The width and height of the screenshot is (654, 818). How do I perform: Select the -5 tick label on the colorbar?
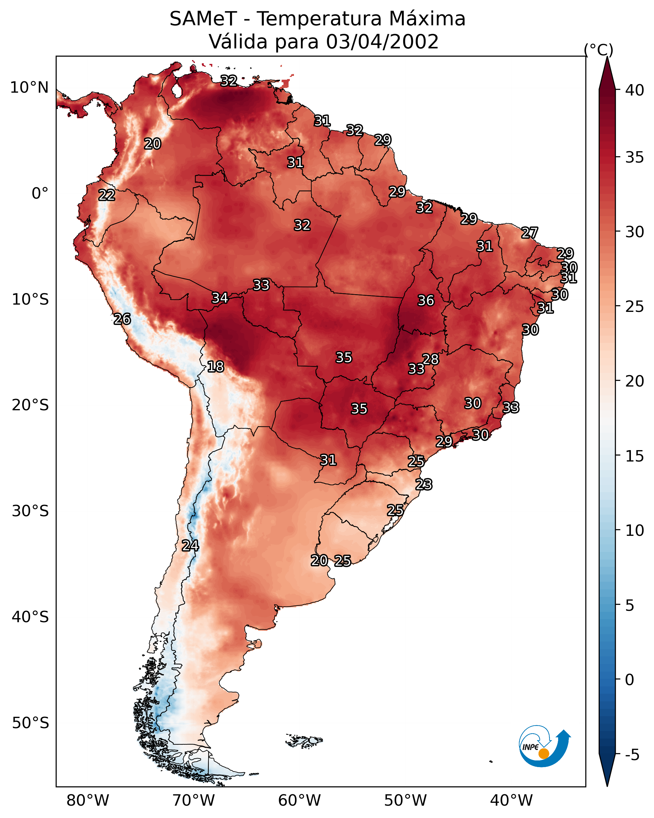click(x=632, y=755)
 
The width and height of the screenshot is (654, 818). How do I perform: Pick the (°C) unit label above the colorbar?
click(x=598, y=50)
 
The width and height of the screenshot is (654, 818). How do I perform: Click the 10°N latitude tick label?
click(x=29, y=88)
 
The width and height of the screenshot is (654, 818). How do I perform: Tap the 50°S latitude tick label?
click(x=30, y=723)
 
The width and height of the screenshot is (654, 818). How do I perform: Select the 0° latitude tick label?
click(x=40, y=194)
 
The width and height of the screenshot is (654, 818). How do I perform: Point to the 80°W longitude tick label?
click(x=88, y=801)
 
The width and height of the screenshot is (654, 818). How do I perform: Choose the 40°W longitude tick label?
click(x=511, y=801)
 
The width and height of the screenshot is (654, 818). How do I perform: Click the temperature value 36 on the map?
click(x=426, y=301)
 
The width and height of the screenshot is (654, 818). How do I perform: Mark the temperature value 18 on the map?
click(x=215, y=367)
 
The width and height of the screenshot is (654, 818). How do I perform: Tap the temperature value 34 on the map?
click(x=220, y=298)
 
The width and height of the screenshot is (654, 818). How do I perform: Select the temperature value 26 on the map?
click(x=122, y=319)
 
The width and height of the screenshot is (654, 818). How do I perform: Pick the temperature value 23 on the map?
click(x=424, y=485)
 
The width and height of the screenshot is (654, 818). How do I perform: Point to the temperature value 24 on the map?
click(x=190, y=546)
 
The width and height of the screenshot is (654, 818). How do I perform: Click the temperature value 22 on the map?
click(x=107, y=195)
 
